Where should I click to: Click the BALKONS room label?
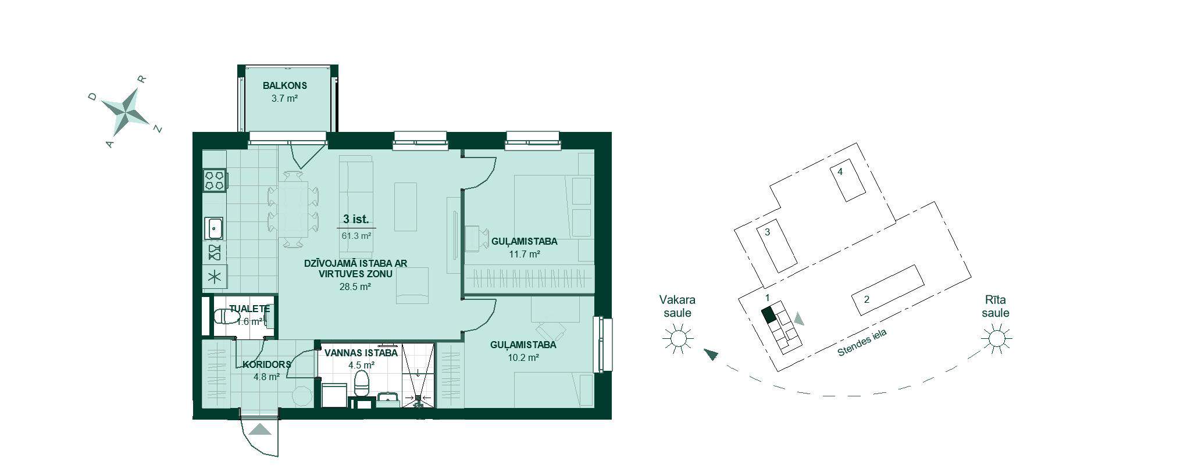[285, 85]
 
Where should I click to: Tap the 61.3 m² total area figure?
[356, 236]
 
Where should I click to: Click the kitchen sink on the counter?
[215, 228]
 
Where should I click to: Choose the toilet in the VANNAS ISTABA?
[362, 382]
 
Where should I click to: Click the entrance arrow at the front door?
[260, 430]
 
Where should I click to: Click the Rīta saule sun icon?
[996, 338]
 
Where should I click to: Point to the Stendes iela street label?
[862, 343]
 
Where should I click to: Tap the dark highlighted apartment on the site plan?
[769, 315]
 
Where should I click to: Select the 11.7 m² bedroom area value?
[524, 254]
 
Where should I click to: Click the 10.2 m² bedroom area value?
[523, 357]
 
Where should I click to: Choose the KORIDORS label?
[266, 364]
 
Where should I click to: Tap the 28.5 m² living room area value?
[355, 286]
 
